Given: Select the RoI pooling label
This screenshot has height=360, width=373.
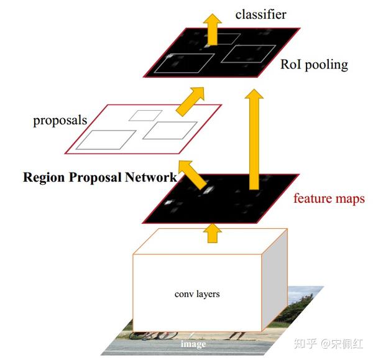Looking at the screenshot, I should click(314, 64).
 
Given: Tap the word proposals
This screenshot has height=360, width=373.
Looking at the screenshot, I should click(60, 120).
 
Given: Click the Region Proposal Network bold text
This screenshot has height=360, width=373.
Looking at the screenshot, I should click(99, 177).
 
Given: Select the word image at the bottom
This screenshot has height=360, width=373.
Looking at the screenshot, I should click(193, 343).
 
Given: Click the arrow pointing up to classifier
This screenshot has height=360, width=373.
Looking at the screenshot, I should click(213, 30).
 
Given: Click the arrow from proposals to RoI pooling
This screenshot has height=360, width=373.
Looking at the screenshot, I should click(190, 99).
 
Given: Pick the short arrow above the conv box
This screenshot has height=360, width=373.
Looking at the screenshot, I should click(213, 234).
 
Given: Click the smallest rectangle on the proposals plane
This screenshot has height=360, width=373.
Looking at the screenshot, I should click(145, 115).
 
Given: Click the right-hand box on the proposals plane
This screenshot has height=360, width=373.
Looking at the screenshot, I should click(169, 130).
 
